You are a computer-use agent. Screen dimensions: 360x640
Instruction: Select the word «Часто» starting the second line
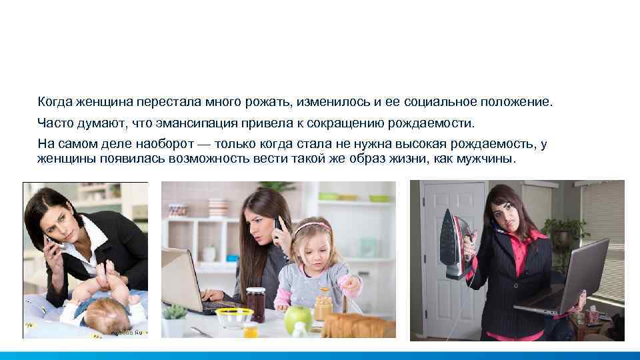[x=54, y=124]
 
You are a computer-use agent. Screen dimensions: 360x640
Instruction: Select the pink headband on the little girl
[x=310, y=228]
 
